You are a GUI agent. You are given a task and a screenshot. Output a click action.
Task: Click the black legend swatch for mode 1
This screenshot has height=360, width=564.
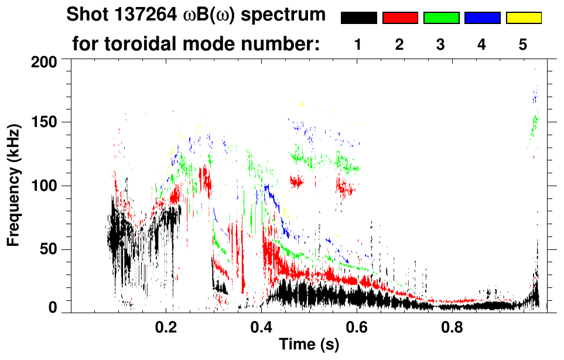pos(358,18)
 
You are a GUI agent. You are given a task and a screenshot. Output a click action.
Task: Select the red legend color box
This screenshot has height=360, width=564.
pos(400,18)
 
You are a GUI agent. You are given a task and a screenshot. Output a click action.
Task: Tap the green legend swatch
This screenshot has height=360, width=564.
pos(441,18)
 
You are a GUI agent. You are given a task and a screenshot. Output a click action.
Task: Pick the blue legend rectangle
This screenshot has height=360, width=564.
pos(482,18)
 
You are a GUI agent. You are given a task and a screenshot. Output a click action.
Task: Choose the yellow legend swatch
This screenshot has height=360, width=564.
pos(524,18)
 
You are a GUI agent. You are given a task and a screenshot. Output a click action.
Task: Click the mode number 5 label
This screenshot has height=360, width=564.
pos(523,44)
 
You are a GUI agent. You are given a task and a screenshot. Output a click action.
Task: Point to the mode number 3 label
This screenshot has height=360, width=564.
pos(440,44)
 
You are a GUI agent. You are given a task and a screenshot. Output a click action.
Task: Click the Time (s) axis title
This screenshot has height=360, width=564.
pos(309,345)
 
